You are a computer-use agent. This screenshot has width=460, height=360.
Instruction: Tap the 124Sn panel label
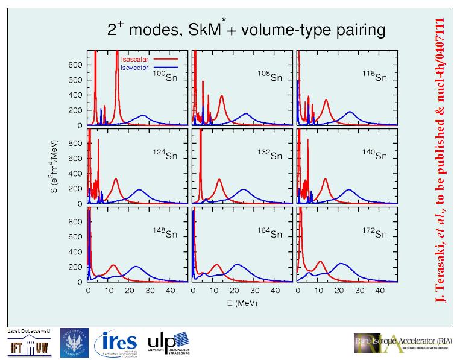coord(162,155)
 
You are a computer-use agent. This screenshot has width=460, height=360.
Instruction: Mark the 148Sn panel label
coord(162,233)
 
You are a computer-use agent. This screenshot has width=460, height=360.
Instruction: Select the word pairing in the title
coord(356,29)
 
